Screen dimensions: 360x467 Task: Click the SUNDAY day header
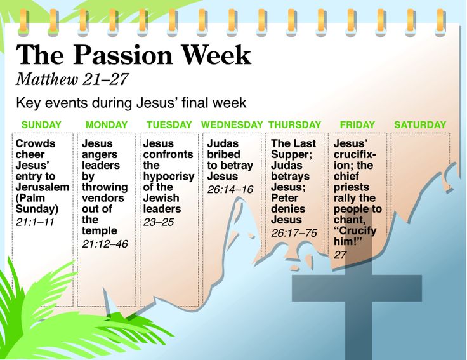(x=41, y=124)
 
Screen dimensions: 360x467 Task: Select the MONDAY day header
(x=106, y=124)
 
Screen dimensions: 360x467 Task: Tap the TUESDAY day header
(x=169, y=124)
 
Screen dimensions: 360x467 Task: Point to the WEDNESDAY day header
(x=232, y=124)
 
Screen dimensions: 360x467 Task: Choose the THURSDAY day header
(x=294, y=124)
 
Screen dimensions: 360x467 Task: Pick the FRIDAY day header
(x=357, y=124)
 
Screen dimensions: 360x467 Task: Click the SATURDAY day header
(x=420, y=124)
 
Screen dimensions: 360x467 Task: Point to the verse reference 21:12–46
(x=105, y=244)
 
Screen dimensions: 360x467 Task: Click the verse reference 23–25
(x=158, y=222)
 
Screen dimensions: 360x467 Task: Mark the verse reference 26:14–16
(x=230, y=189)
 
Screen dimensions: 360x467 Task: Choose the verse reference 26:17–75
(x=294, y=233)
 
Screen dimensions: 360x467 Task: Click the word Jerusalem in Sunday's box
(x=43, y=187)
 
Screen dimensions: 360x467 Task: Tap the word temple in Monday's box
(x=100, y=231)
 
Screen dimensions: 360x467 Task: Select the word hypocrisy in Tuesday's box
(x=168, y=177)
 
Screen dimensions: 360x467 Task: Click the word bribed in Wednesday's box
(x=223, y=154)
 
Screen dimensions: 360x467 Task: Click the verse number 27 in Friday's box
(x=340, y=255)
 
